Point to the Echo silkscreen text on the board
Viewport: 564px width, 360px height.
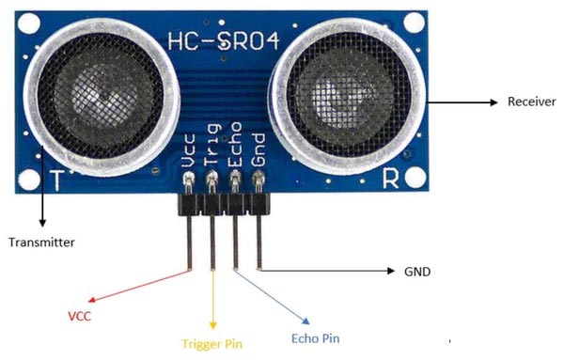pyautogui.click(x=236, y=148)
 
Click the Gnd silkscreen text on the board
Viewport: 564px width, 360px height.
pyautogui.click(x=259, y=151)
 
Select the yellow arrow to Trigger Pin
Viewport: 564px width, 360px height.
pyautogui.click(x=213, y=301)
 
